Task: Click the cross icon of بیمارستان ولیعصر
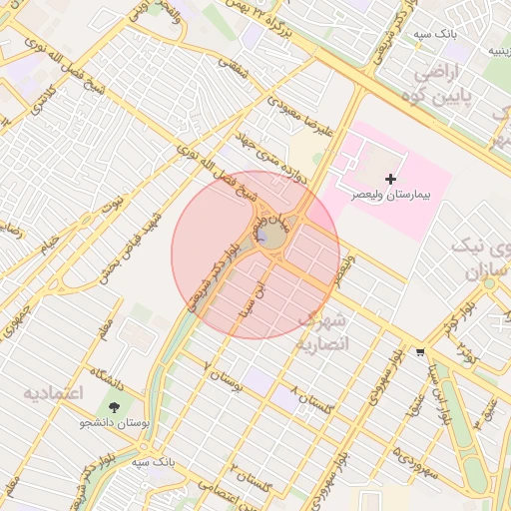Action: click(x=389, y=177)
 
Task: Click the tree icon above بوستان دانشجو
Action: click(x=116, y=406)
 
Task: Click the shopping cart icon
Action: click(x=421, y=351)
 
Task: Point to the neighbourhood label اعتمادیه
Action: click(x=52, y=392)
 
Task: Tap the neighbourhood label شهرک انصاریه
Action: click(x=322, y=332)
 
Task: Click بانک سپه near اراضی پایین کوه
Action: click(x=438, y=33)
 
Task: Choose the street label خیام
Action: click(x=49, y=243)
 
